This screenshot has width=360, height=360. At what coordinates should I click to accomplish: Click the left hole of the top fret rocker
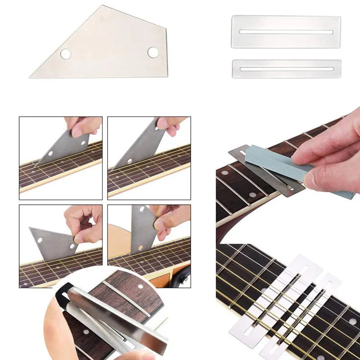[66, 54]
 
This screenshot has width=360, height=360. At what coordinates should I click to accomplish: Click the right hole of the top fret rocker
[153, 52]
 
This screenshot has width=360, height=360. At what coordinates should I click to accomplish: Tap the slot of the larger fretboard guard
[286, 32]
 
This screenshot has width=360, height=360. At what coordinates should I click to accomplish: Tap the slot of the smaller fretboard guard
[286, 69]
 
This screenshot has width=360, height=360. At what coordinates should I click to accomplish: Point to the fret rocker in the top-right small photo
[139, 144]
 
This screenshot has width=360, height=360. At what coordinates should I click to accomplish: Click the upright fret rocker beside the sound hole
[142, 225]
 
